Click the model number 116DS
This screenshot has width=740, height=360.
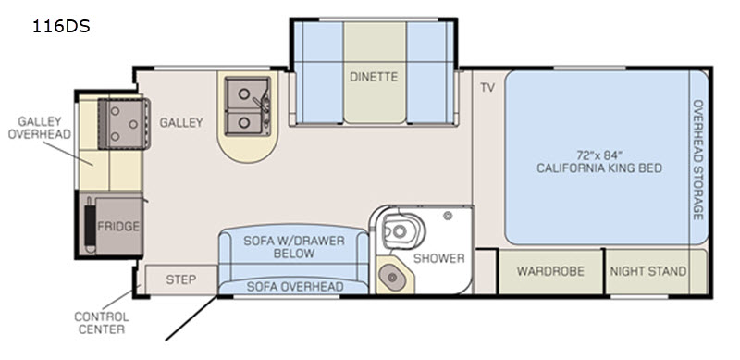point(61,27)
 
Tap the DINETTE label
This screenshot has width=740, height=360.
point(374,77)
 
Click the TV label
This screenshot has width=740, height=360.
point(487,87)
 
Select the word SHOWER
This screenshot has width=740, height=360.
point(438,258)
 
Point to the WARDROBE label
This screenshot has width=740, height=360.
point(550,271)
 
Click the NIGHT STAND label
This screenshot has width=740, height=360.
point(648,272)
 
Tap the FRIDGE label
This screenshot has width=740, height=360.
point(118,227)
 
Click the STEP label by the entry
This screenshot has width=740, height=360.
point(180,279)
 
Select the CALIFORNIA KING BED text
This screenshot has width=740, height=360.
point(599,168)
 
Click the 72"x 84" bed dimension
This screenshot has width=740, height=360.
point(599,155)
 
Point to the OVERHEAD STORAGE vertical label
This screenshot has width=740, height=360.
point(698,160)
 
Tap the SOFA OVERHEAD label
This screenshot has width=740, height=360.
point(294,286)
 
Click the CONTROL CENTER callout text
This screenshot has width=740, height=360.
point(102,323)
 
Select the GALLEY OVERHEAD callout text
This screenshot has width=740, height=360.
point(40,128)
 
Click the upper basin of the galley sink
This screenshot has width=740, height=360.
point(243,93)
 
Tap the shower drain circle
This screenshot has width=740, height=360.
point(448,216)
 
